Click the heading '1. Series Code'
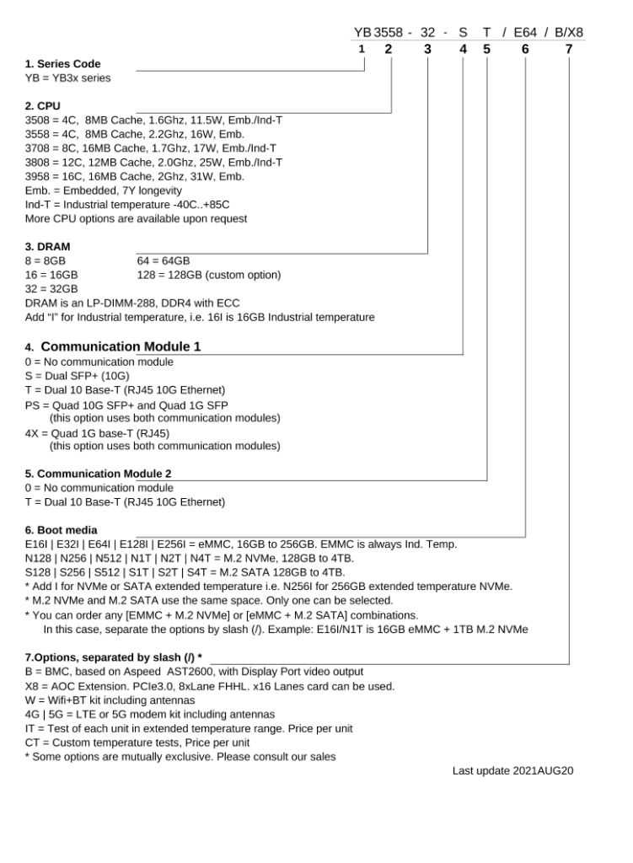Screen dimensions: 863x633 pyautogui.click(x=62, y=64)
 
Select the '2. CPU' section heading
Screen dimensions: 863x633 pyautogui.click(x=43, y=106)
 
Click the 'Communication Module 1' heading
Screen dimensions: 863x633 pyautogui.click(x=121, y=346)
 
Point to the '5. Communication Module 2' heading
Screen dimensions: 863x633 pyautogui.click(x=98, y=474)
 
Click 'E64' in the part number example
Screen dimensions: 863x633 pyautogui.click(x=524, y=33)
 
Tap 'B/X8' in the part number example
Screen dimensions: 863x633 pyautogui.click(x=569, y=33)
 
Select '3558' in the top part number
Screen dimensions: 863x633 pyautogui.click(x=389, y=33)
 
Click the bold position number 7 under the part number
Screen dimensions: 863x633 pyautogui.click(x=569, y=49)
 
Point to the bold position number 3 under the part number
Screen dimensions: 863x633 pyautogui.click(x=427, y=49)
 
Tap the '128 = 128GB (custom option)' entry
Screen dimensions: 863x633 pyautogui.click(x=208, y=275)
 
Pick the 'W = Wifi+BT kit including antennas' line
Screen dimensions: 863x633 pyautogui.click(x=110, y=700)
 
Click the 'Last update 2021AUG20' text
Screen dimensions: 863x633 pyautogui.click(x=512, y=770)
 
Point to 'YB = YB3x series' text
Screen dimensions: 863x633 pyautogui.click(x=67, y=78)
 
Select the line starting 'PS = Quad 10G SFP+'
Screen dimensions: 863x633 pyautogui.click(x=126, y=405)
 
